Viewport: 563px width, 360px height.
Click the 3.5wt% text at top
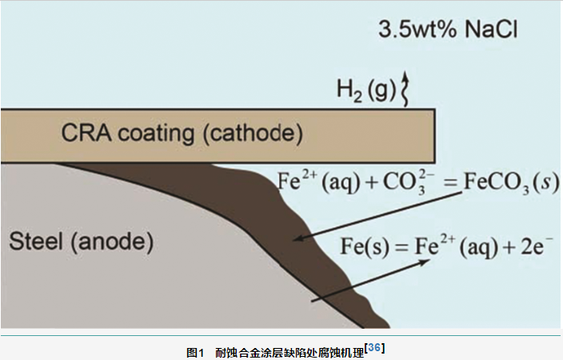coord(418,29)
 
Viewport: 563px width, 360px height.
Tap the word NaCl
coord(491,29)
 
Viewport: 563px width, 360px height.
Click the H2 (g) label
coord(366,90)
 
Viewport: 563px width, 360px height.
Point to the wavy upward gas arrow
coord(405,89)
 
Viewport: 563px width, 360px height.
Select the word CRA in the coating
coord(86,133)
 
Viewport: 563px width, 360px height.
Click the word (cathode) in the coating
coord(254,134)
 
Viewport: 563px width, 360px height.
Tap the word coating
coord(157,134)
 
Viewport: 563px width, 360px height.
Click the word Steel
coord(36,241)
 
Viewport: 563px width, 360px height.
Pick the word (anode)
coord(112,242)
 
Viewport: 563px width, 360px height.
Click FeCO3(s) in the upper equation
coord(511,182)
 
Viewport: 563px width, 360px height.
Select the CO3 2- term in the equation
coord(409,182)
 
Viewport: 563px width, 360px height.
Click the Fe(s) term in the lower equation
coord(365,247)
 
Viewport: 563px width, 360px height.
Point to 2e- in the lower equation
coord(537,246)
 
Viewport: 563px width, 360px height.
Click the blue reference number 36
coord(374,348)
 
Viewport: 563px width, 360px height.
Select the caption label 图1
coord(195,353)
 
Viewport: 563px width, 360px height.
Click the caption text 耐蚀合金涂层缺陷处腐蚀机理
coord(289,353)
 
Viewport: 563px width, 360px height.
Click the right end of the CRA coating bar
coord(435,135)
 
